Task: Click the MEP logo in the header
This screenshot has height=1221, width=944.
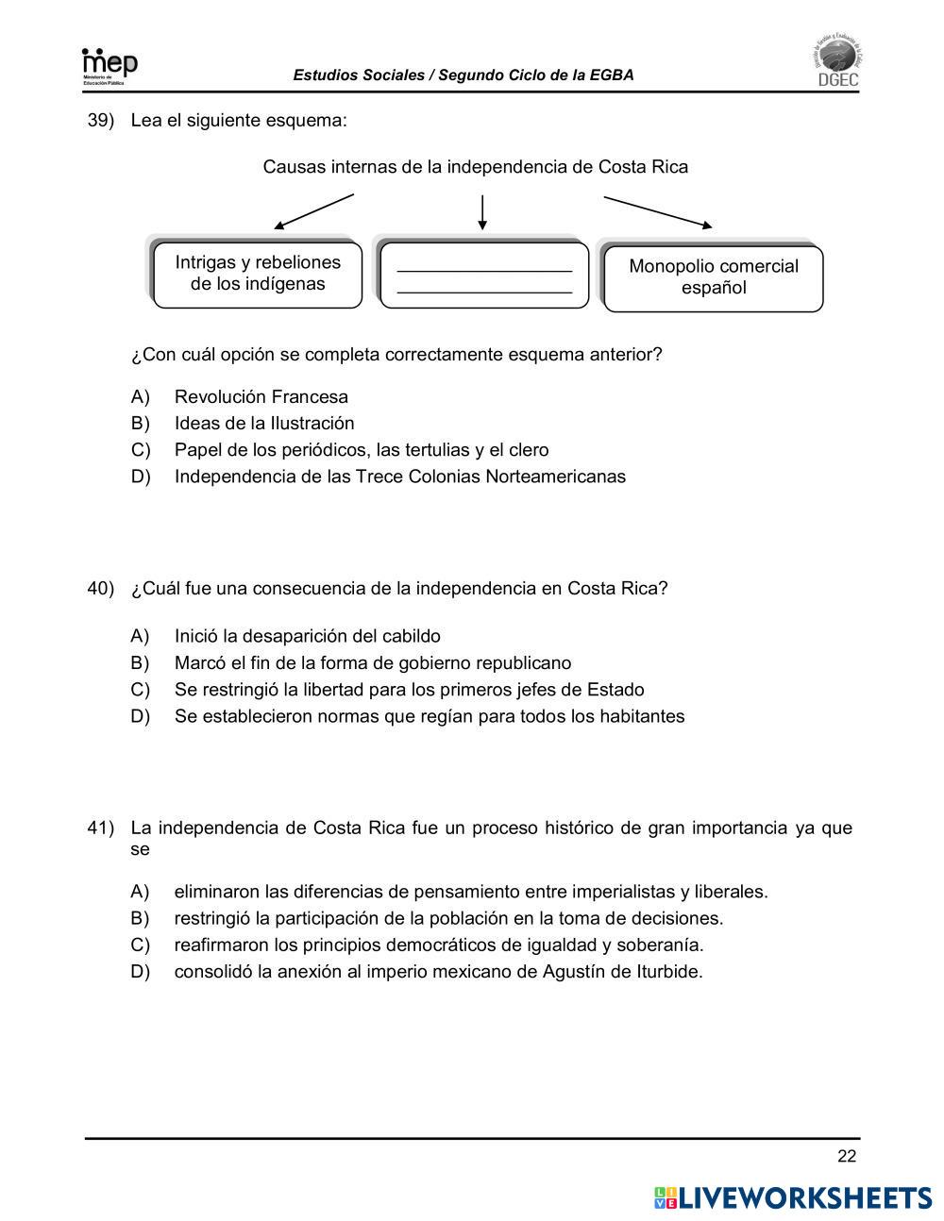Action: click(110, 66)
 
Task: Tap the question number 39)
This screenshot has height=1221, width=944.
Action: click(100, 121)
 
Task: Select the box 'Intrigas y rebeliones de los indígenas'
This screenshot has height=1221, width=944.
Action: click(257, 274)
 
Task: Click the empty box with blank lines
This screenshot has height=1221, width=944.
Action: click(484, 275)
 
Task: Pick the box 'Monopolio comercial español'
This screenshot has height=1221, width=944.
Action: click(713, 277)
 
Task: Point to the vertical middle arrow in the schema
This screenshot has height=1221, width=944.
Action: click(482, 212)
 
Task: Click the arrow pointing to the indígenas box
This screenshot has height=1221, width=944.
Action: click(313, 211)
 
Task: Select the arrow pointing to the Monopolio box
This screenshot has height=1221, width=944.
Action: click(658, 212)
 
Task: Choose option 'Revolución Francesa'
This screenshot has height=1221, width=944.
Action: click(261, 397)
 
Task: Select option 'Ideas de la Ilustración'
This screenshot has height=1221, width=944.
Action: click(264, 424)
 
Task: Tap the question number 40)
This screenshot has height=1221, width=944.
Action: click(100, 588)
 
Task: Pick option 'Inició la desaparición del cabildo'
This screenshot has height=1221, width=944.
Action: click(307, 637)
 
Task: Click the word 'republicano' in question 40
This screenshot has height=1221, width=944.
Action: click(523, 663)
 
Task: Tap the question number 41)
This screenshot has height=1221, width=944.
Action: click(100, 828)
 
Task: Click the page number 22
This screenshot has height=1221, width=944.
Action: click(846, 1158)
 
